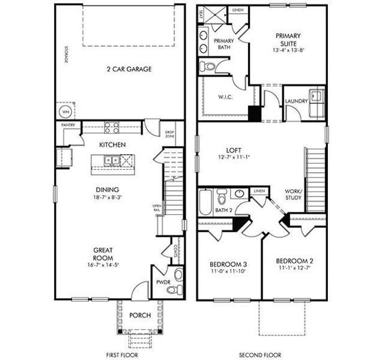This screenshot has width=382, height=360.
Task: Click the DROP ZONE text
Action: pos(170,134)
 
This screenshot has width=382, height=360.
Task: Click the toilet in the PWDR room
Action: pos(174,290)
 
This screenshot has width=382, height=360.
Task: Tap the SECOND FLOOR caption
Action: pos(260,355)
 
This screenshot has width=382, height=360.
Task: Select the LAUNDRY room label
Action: pos(297,101)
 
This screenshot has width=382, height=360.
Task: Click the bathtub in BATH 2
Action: pos(205,202)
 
